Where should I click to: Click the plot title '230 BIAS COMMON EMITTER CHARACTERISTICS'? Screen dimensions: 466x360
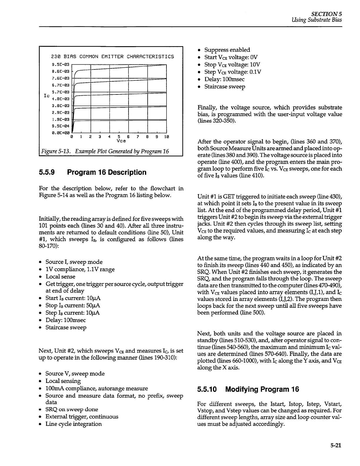pos(112,56)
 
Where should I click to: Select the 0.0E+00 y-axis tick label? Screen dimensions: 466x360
pos(60,133)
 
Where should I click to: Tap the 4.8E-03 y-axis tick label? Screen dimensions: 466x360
pos(60,99)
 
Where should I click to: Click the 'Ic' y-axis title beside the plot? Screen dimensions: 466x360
pos(46,96)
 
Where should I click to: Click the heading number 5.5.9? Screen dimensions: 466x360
pos(47,172)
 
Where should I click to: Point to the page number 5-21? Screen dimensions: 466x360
pos(336,445)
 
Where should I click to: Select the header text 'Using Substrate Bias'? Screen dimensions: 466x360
pos(317,20)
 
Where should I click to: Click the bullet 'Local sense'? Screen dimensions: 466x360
pos(60,277)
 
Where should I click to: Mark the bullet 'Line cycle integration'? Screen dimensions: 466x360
pos(74,424)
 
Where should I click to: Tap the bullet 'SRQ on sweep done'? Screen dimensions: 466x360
pos(72,409)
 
